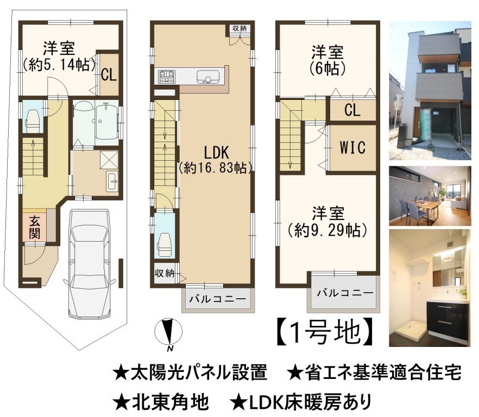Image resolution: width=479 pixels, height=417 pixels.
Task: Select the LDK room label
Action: coord(216,152)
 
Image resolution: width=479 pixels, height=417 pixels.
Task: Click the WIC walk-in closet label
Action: coord(352,147)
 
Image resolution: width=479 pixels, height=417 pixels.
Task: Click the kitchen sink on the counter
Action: coord(208,77)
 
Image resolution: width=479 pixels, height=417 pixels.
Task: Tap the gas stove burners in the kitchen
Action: coord(167,77)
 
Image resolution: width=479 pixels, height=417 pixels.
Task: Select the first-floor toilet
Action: coord(33,121)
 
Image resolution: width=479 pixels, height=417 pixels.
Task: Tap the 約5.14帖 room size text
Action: coord(59,65)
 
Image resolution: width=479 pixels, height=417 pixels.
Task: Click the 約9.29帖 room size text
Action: coord(327,230)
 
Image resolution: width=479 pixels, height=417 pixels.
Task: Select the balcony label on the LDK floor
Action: coord(217,299)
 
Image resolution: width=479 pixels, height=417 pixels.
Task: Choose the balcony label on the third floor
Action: coord(345,293)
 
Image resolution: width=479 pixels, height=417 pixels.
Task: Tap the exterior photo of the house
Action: coord(430,91)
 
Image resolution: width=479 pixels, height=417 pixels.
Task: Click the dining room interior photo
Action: coord(430,196)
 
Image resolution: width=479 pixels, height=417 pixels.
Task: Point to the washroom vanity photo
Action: coord(430,288)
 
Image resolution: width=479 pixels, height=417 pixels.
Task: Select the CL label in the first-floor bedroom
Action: coord(109,74)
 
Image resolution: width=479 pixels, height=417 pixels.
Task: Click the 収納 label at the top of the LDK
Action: coord(239,28)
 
